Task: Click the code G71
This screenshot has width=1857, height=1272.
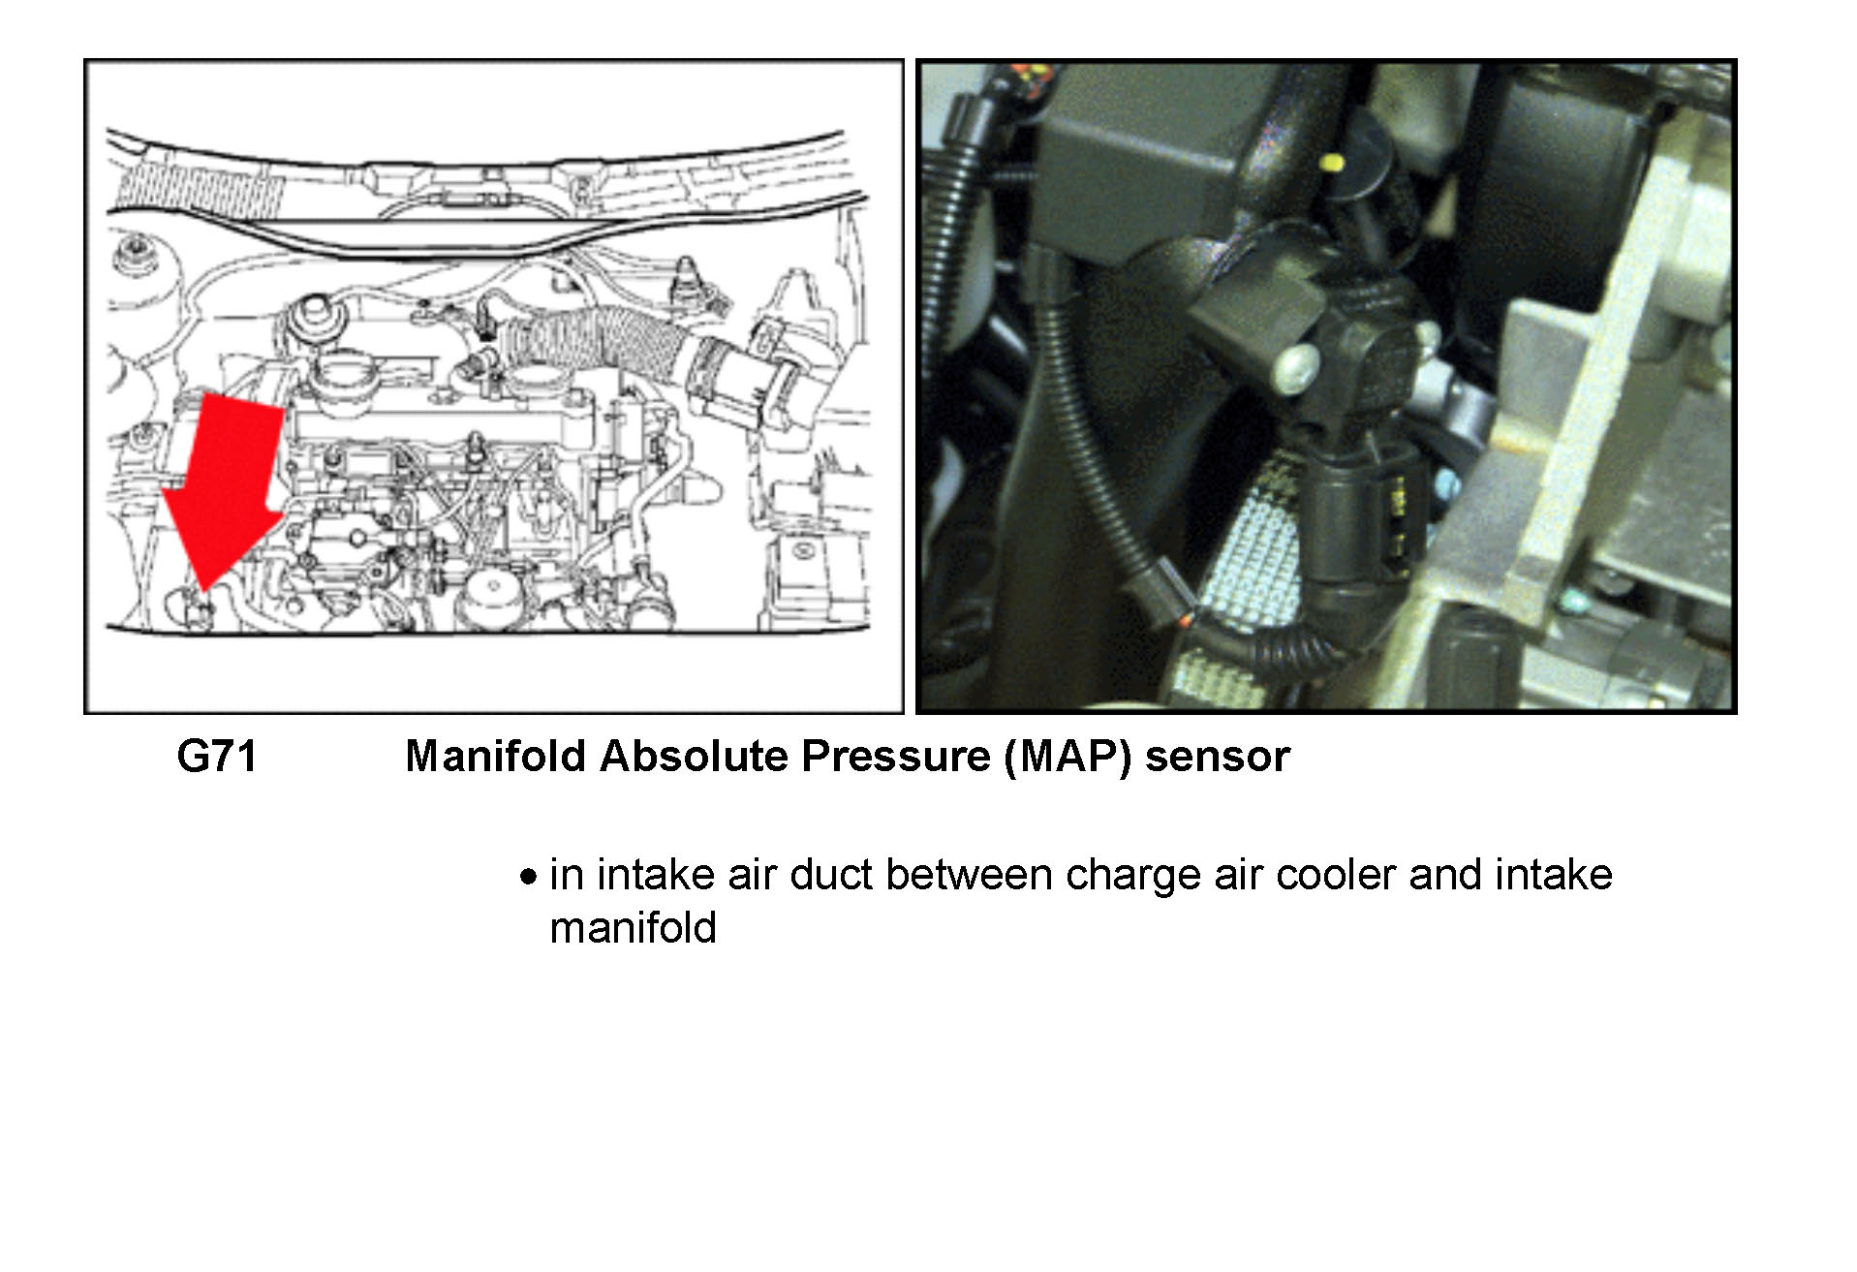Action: click(217, 757)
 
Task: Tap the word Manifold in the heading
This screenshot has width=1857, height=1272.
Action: click(494, 757)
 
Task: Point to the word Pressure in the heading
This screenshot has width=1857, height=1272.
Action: click(895, 757)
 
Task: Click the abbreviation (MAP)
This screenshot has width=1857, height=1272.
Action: click(1068, 757)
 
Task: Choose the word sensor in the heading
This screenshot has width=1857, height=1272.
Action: click(1217, 757)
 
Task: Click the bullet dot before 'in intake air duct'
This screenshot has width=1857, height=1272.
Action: click(528, 878)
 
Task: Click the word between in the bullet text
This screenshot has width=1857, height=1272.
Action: click(968, 875)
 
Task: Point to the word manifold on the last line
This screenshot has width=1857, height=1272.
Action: click(633, 928)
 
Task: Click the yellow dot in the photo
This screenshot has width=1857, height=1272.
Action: click(1333, 161)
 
